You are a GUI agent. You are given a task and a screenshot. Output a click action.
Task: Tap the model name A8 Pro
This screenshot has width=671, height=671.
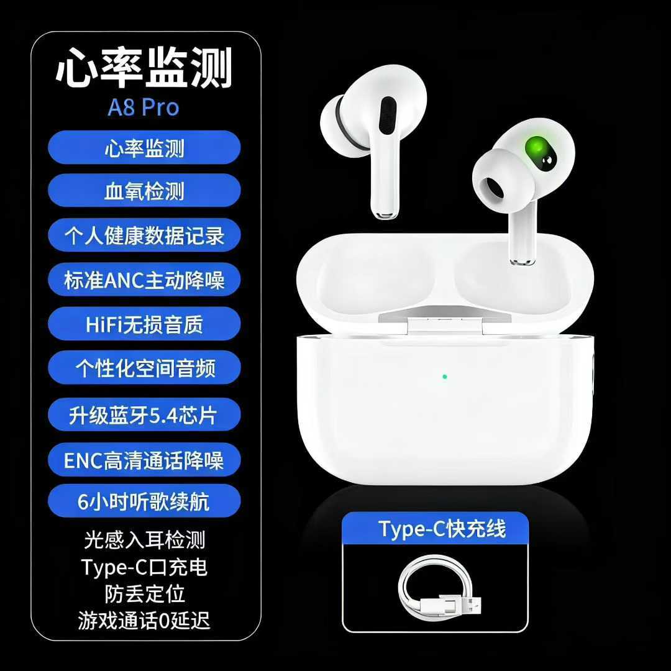[x=144, y=107]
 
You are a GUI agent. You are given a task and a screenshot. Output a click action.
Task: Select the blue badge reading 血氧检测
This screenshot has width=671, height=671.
[x=144, y=191]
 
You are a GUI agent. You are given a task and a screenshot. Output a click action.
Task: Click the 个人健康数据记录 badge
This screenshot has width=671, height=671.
[x=144, y=235]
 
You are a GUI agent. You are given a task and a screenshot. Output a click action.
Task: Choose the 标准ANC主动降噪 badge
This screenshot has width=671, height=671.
[x=144, y=280]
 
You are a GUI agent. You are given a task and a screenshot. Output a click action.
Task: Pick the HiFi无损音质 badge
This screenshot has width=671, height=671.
[x=144, y=324]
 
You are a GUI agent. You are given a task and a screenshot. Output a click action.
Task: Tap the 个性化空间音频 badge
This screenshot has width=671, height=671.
[x=144, y=368]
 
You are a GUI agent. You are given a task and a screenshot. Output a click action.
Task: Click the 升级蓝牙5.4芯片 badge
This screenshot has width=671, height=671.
[x=144, y=414]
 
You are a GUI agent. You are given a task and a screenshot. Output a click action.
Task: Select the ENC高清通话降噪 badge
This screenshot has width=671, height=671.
[x=144, y=460]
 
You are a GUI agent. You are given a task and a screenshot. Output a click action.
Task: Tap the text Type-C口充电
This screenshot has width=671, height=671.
[x=144, y=567]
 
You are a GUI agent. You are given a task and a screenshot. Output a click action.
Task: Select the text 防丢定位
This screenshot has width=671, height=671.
[x=144, y=593]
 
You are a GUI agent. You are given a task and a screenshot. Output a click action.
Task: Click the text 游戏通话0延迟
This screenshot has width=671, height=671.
[x=144, y=620]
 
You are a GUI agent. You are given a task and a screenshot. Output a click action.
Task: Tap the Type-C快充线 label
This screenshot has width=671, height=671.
[x=442, y=529]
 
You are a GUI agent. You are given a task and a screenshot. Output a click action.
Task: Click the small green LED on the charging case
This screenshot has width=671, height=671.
[x=444, y=376]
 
